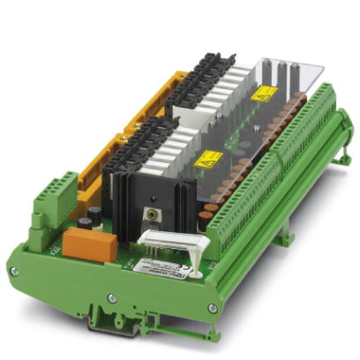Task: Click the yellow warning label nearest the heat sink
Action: click(x=207, y=159)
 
